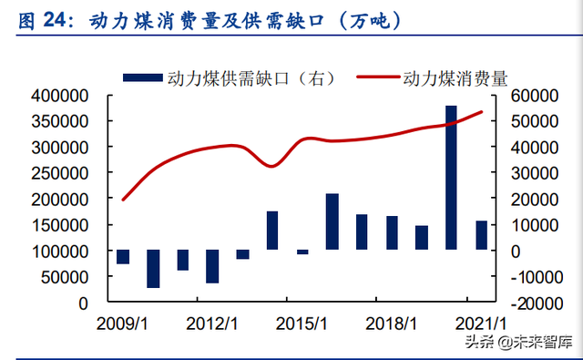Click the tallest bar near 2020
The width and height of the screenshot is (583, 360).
(x=451, y=178)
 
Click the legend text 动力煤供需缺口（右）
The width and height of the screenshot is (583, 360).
(x=238, y=78)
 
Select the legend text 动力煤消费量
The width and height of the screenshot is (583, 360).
(x=455, y=78)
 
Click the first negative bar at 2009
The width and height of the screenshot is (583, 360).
(x=123, y=257)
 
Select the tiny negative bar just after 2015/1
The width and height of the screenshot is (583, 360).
(x=302, y=252)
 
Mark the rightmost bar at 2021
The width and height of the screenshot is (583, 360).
(x=481, y=235)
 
